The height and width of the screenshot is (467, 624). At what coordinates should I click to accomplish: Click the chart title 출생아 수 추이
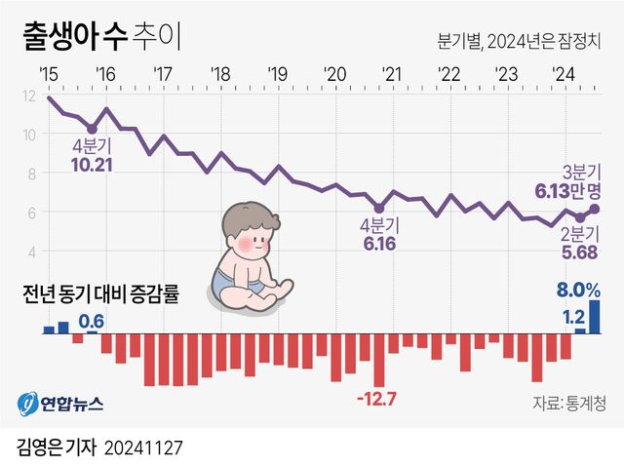[x=100, y=40]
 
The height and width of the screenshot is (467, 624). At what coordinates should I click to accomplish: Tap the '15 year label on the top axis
[x=48, y=74]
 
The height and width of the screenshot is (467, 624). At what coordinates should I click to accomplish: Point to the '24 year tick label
[x=562, y=74]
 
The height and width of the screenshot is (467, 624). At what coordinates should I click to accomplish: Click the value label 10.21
[x=93, y=165]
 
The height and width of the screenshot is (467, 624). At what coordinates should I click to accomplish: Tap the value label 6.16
[x=379, y=242]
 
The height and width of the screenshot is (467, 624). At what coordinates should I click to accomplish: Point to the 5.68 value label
[x=581, y=251]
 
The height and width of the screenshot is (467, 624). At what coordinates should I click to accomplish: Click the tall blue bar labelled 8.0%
[x=595, y=316]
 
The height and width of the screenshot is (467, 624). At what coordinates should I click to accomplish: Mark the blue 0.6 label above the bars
[x=91, y=321]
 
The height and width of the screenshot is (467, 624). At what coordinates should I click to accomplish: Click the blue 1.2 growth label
[x=573, y=317]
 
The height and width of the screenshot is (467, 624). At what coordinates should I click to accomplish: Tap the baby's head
[x=244, y=231]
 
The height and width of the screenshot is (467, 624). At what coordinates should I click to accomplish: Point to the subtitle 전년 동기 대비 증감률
[x=101, y=293]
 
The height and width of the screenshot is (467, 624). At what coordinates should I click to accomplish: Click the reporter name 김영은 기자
[x=58, y=448]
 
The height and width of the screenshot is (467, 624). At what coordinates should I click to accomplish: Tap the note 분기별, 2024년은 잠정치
[x=518, y=43]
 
